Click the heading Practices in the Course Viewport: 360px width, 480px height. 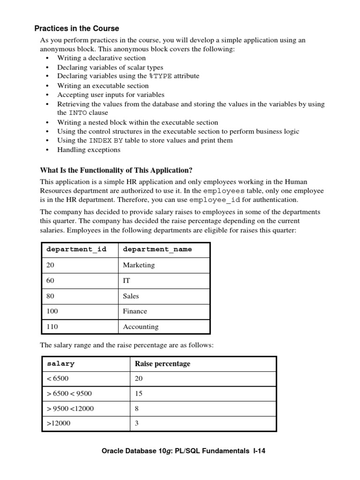pos(77,29)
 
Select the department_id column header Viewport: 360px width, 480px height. pos(76,249)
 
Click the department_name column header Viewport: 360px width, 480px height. pos(157,249)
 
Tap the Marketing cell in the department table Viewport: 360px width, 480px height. pos(139,265)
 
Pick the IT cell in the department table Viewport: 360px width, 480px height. pos(127,281)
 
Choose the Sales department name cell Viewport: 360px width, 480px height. pos(131,296)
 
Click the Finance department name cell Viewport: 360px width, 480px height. pos(135,311)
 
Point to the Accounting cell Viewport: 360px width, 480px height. pos(141,327)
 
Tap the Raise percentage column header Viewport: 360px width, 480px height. pos(163,364)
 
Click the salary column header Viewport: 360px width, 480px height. pos(60,364)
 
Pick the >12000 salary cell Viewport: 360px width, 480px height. pos(59,424)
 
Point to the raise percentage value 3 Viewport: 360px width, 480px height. pos(137,424)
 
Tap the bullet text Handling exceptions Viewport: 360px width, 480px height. pos(89,150)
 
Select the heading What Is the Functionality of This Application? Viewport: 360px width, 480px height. pos(116,170)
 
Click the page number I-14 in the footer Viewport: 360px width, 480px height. pos(259,451)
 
